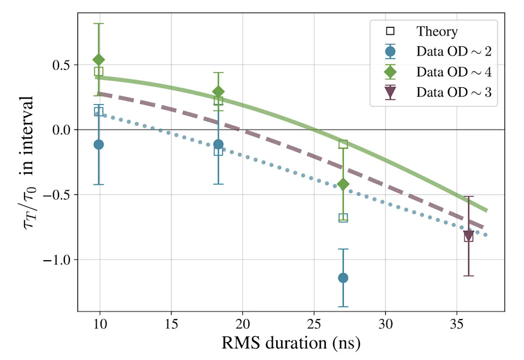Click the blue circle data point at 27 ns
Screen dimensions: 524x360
point(343,278)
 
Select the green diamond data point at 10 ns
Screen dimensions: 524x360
point(99,60)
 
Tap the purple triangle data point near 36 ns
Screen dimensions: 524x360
point(468,236)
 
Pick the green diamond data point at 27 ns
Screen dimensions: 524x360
point(343,184)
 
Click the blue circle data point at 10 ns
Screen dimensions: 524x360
point(99,145)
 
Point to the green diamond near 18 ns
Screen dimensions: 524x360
point(218,92)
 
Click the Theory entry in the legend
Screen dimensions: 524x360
point(422,31)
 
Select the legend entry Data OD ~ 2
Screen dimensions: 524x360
point(438,51)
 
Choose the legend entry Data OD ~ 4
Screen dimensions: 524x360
point(438,72)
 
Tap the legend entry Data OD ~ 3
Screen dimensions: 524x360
point(438,92)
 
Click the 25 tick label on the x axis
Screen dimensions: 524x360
point(314,324)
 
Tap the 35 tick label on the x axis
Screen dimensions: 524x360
point(456,324)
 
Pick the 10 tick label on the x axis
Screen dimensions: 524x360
point(99,324)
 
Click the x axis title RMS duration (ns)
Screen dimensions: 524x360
point(291,343)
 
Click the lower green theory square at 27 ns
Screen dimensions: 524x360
point(343,218)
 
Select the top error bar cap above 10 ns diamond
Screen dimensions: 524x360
point(99,23)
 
